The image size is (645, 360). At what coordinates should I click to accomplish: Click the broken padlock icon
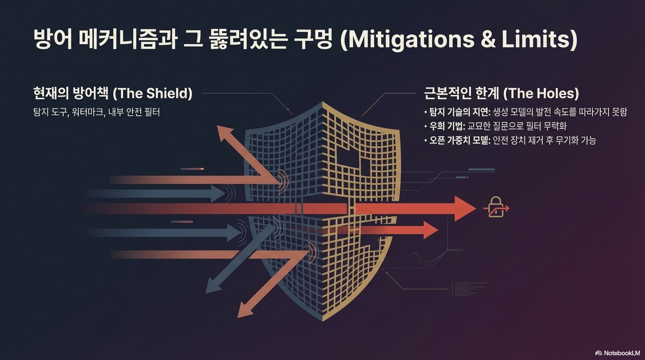[495, 207]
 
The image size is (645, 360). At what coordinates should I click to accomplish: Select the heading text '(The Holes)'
[541, 93]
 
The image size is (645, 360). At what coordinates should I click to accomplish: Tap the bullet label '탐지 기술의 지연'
[457, 112]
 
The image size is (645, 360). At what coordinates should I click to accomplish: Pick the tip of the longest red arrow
[474, 209]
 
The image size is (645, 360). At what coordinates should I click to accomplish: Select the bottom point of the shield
[323, 321]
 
